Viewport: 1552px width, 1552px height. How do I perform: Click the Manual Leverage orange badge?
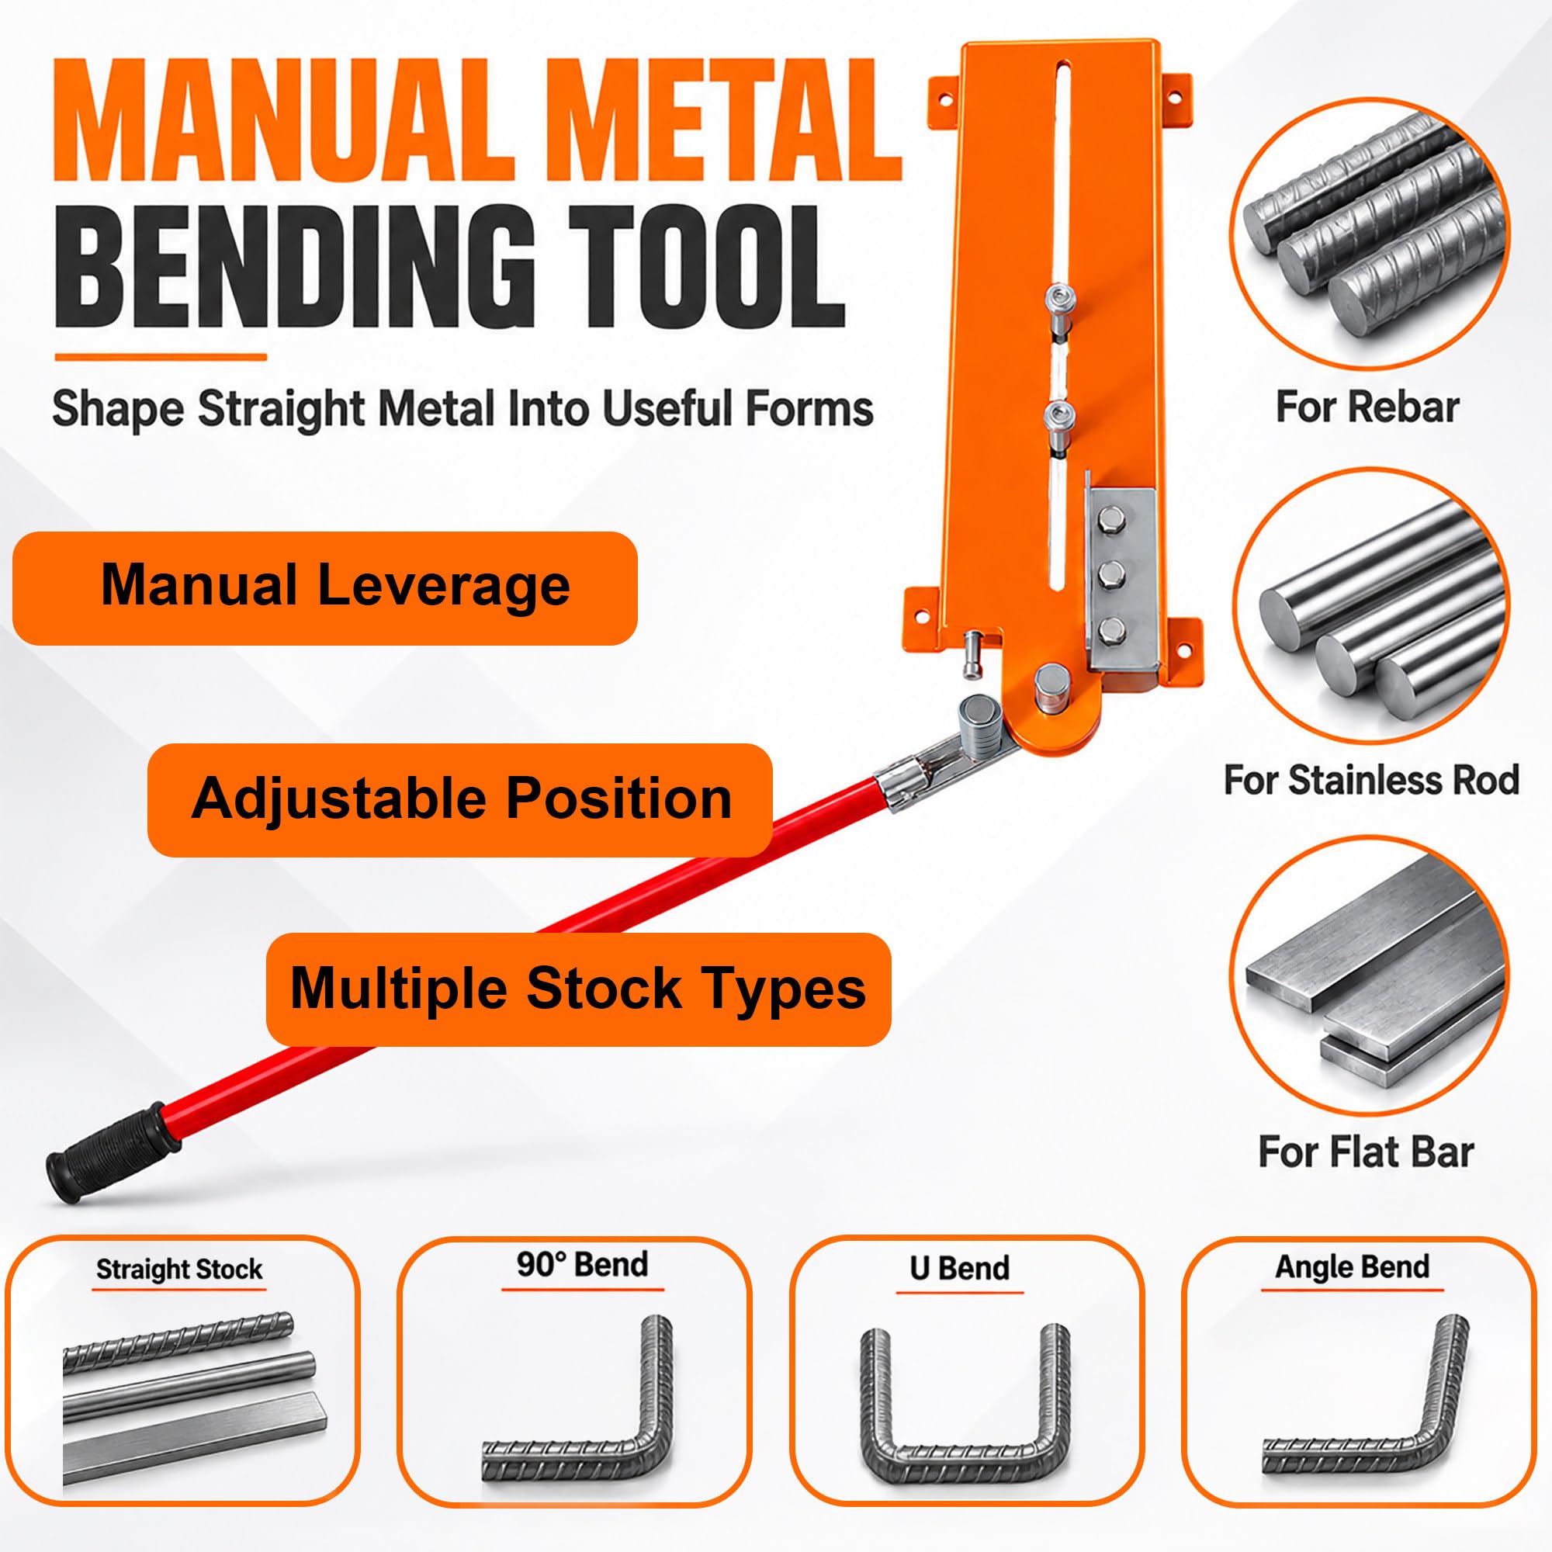pos(324,587)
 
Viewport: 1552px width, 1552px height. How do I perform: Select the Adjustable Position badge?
pos(459,799)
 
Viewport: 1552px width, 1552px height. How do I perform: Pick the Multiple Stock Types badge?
pos(578,989)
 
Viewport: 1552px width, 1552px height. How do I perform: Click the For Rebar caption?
pos(1367,407)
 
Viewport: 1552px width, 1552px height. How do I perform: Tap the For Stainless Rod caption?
pos(1370,780)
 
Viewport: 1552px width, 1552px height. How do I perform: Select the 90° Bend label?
pos(581,1264)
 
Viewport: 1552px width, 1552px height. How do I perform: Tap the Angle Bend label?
pos(1353,1267)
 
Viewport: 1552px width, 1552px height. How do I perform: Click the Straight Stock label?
pos(179,1270)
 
